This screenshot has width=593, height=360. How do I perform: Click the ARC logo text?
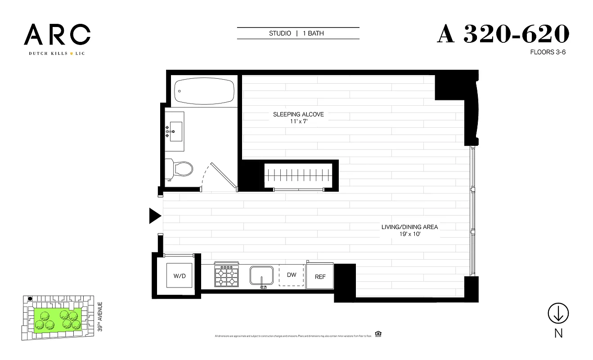point(57,35)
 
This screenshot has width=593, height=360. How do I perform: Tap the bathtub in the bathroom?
point(204,91)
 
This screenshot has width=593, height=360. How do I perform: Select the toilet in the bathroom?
point(180,169)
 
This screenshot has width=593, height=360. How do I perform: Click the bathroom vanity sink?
point(176,131)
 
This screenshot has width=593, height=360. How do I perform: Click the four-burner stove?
point(226,276)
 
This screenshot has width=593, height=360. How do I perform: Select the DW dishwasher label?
point(292,275)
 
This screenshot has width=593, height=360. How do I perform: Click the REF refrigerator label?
point(320,277)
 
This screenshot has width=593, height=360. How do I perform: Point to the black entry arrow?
point(155,216)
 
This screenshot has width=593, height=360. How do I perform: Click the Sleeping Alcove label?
point(298,114)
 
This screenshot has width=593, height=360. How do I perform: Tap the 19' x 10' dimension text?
point(409,234)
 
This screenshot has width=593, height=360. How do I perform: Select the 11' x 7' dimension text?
point(298,121)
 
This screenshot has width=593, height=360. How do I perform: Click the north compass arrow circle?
point(558,313)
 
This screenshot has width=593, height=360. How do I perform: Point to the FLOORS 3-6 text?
point(547,52)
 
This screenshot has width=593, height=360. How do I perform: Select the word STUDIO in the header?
point(280,33)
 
